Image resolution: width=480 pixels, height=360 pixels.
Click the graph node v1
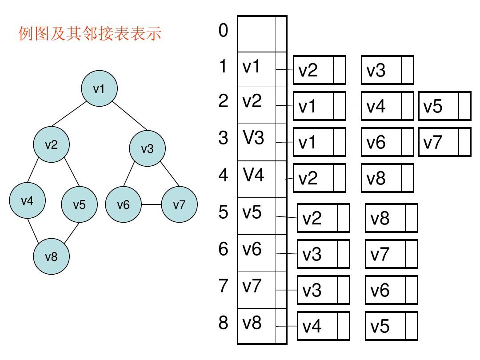pos(99,88)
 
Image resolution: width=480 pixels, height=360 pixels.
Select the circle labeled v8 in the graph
pos(52,256)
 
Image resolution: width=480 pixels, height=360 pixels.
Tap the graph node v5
pos(79,204)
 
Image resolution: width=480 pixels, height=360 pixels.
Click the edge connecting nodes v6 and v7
pos(151,204)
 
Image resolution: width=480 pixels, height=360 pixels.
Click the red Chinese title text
pos(90,34)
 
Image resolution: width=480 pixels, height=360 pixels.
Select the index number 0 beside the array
pos(223,31)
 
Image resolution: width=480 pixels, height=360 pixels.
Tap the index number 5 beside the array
pos(223,212)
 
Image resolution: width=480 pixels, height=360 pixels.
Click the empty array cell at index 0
pos(257,34)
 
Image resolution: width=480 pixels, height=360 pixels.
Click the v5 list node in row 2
pos(439,106)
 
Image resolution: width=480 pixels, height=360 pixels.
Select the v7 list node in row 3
pos(439,142)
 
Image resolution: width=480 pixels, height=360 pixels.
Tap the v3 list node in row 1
pos(381,70)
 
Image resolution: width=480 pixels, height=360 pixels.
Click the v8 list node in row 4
pos(381,179)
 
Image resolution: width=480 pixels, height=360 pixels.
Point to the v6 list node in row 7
pos(385,290)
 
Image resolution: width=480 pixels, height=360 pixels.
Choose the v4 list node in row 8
pos(317,327)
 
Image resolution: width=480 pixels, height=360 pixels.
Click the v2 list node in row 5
pos(317,218)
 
